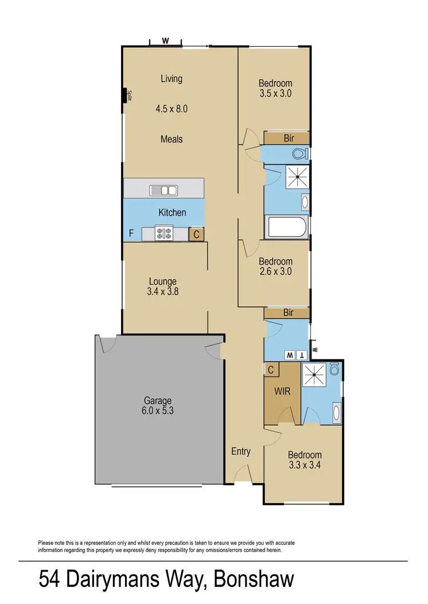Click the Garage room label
click(158, 400)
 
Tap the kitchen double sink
click(163, 190)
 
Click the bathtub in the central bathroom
click(287, 228)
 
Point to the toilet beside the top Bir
click(299, 153)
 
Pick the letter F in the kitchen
click(131, 233)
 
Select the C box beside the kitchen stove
click(196, 233)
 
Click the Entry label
click(241, 451)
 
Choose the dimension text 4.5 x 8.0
click(171, 108)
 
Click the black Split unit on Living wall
click(124, 95)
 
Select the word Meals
click(171, 139)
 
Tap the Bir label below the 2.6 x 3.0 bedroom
click(288, 313)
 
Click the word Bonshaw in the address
click(254, 579)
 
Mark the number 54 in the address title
click(50, 579)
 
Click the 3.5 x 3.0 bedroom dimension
click(274, 94)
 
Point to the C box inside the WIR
click(271, 369)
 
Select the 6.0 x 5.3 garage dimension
click(158, 410)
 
